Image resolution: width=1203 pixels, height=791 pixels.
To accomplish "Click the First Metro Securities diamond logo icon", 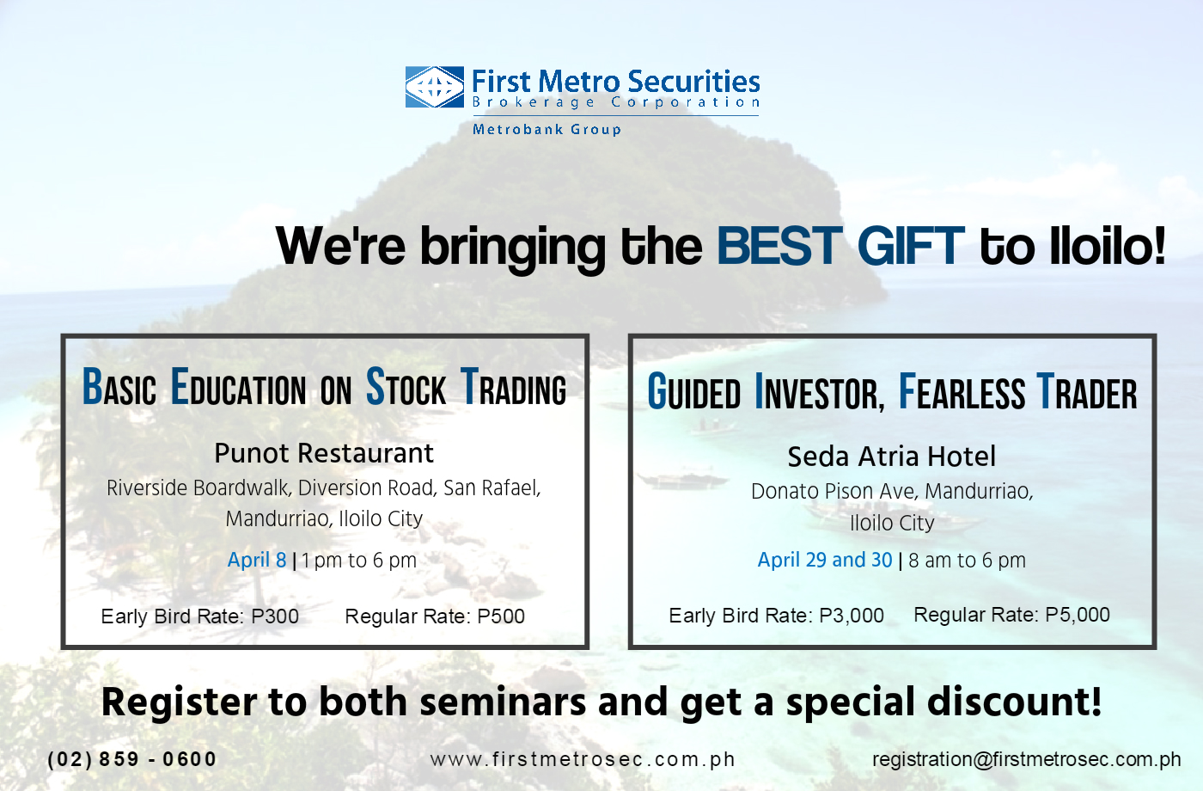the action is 435,87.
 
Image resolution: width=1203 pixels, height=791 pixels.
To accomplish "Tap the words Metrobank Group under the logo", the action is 547,130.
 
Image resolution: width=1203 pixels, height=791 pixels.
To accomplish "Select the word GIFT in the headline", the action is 911,246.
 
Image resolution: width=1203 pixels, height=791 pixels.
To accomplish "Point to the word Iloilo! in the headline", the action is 1108,246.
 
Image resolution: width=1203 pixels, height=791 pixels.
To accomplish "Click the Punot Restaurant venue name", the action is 324,453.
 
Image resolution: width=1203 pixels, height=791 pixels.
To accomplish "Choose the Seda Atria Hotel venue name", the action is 892,457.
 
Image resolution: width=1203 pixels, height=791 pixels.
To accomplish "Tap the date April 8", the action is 257,560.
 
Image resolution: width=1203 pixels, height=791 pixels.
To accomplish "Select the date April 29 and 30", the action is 825,560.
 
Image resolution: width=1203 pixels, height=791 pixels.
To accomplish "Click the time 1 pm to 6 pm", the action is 359,561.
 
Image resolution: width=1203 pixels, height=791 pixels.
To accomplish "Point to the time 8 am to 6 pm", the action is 968,561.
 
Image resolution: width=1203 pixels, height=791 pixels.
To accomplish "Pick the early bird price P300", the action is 275,616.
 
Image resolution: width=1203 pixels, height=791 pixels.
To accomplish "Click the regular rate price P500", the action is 501,616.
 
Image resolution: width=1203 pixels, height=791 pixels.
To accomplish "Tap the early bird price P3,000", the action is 852,616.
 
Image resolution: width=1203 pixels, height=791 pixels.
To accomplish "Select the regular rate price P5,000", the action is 1078,614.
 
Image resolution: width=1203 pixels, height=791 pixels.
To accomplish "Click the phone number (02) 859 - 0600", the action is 132,759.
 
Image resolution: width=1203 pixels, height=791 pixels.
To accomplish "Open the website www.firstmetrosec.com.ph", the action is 583,759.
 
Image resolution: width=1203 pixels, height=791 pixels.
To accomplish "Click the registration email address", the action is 1027,759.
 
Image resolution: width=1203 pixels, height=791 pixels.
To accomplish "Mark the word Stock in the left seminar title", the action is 406,386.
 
